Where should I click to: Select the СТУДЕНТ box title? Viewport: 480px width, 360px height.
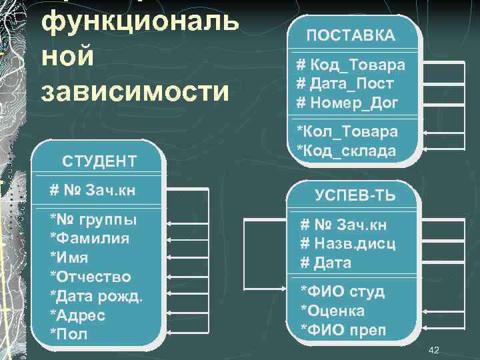(x=99, y=161)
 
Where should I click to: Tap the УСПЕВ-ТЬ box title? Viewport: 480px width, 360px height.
(x=355, y=195)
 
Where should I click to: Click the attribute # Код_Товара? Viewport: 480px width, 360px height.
(x=350, y=65)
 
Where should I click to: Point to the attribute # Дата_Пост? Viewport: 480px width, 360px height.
(x=345, y=84)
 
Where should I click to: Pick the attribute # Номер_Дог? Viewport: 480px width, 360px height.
(x=347, y=103)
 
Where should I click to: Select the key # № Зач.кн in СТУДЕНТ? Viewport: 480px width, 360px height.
(x=93, y=191)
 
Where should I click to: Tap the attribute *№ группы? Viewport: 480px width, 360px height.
(x=93, y=219)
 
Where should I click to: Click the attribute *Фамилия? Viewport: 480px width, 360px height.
(x=89, y=238)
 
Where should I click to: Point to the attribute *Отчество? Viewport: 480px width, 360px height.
(x=90, y=276)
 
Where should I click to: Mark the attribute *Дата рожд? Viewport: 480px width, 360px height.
(x=96, y=295)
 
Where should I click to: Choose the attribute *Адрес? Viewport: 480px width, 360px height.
(x=77, y=314)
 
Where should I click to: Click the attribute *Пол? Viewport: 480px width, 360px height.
(x=69, y=333)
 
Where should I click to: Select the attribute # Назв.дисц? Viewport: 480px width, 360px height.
(x=347, y=243)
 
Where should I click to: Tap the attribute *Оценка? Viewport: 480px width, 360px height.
(x=332, y=311)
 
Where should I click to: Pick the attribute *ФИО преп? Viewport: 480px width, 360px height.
(x=343, y=329)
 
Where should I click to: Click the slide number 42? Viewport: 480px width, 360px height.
(x=434, y=350)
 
